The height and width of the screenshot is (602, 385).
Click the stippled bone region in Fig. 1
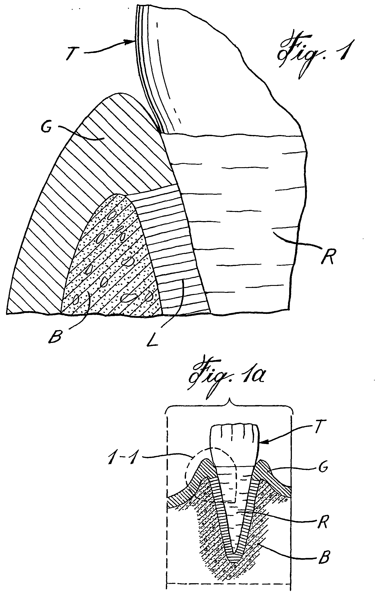(x=110, y=263)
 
